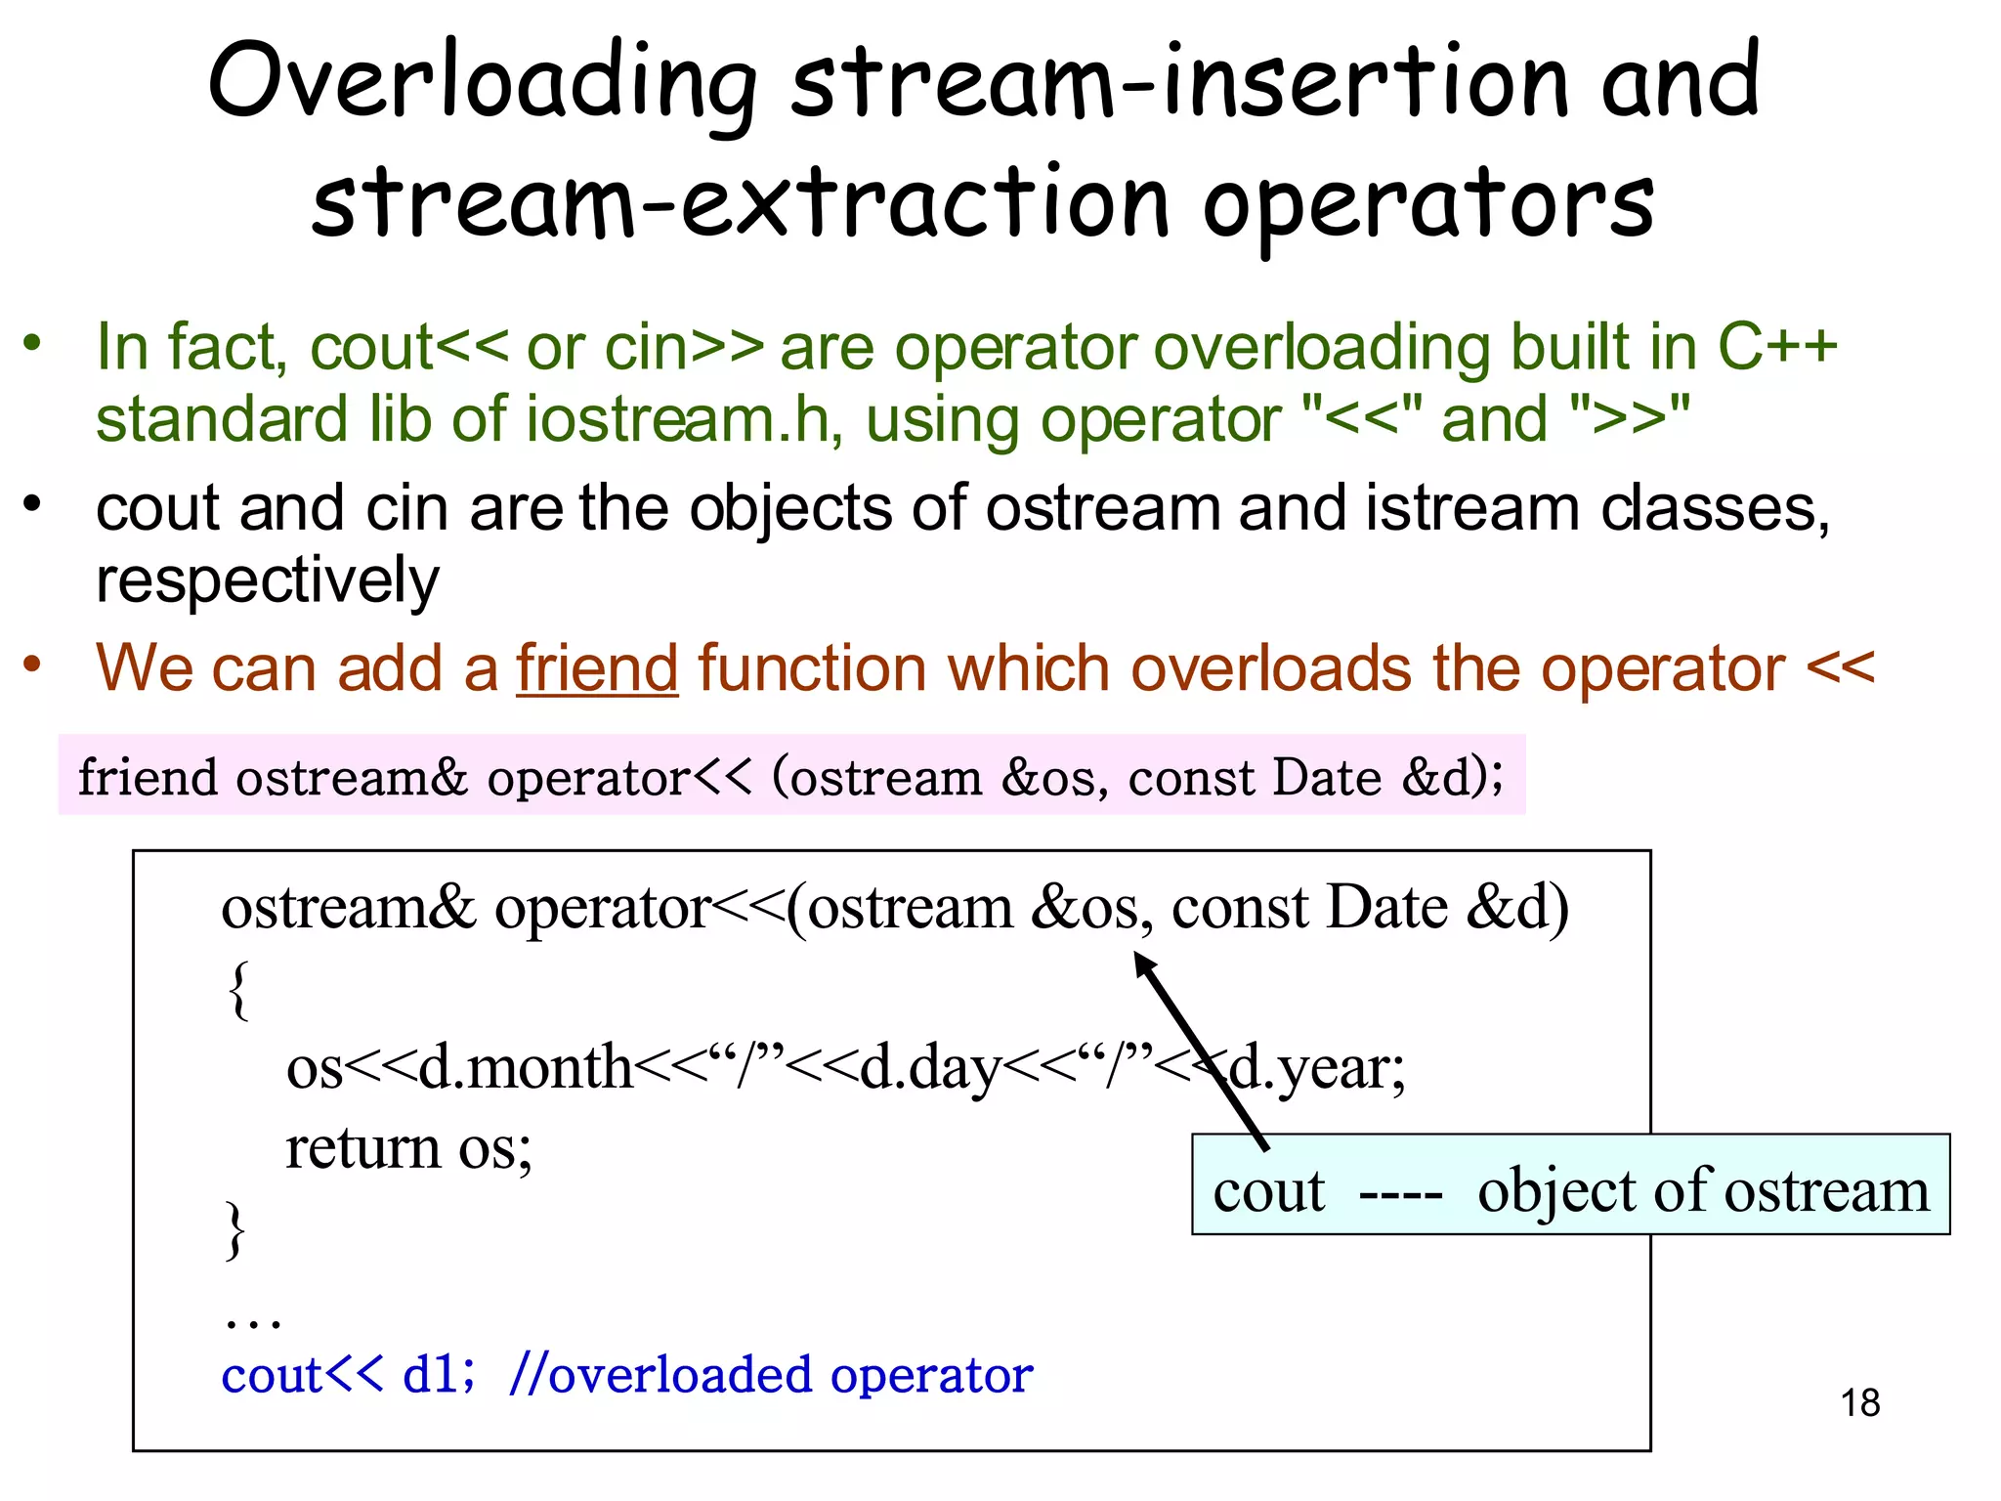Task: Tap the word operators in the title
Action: (x=1427, y=203)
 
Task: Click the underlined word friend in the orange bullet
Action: (x=597, y=668)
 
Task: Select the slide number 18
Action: (x=1860, y=1403)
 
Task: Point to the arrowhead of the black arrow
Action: (x=1141, y=962)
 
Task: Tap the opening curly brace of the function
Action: (x=238, y=990)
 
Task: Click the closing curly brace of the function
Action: (x=235, y=1229)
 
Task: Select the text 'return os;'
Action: (x=408, y=1147)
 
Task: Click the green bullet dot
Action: (x=33, y=343)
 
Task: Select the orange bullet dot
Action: (x=33, y=665)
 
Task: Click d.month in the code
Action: (x=526, y=1067)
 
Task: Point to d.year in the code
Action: (x=1314, y=1067)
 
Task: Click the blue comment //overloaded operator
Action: (x=771, y=1375)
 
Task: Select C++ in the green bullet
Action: (x=1777, y=347)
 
